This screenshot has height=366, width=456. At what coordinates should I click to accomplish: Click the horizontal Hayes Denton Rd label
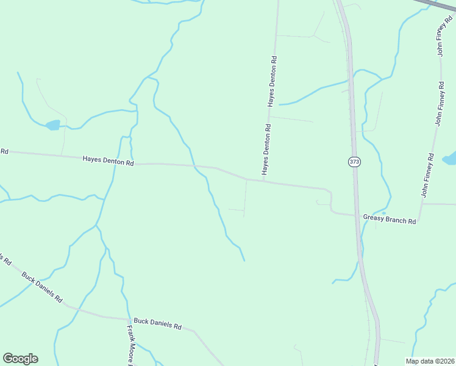108,161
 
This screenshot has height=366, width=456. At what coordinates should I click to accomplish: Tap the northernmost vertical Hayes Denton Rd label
274,82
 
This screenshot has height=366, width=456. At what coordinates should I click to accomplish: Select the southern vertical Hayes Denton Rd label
266,149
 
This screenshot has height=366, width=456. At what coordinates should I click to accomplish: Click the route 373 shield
354,162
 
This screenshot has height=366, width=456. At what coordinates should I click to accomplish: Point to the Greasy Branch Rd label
389,219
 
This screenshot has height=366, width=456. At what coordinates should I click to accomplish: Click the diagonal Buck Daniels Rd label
42,287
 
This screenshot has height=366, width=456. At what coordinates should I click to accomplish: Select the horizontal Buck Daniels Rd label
157,323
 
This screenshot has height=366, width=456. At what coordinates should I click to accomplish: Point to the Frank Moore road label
130,345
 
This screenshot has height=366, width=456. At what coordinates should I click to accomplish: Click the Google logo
20,359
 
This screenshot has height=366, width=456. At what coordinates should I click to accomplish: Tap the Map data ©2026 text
430,361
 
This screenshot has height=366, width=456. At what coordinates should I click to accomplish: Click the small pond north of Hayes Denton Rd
52,125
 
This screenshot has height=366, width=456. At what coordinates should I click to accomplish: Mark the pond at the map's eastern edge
450,159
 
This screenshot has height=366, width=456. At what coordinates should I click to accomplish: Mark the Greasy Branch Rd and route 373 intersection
357,215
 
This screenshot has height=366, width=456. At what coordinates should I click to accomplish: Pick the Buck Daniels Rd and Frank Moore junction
129,319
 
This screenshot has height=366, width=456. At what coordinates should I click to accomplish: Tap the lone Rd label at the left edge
4,151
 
